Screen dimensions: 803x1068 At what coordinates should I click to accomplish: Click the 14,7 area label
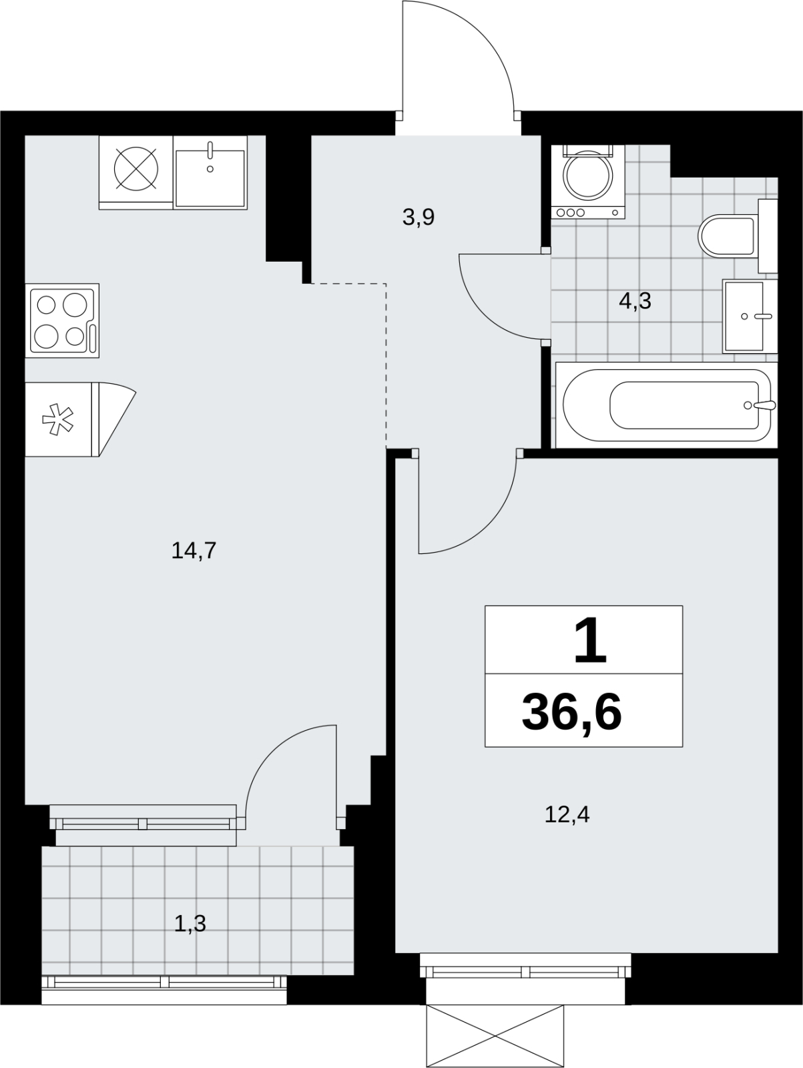(194, 551)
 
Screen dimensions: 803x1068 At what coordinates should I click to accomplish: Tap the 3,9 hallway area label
(419, 217)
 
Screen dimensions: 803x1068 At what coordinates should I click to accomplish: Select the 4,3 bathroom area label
(635, 301)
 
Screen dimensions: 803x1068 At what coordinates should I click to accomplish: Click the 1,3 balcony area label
(190, 924)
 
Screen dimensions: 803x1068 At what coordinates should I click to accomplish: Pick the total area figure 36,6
(572, 713)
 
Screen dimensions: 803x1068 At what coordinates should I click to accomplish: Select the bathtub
(667, 405)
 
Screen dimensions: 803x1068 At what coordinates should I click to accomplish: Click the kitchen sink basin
(210, 178)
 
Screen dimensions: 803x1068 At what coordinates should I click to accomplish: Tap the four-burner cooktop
(62, 320)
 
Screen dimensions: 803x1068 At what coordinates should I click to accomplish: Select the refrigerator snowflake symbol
(57, 419)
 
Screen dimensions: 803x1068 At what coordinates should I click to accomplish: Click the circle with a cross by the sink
(136, 168)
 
